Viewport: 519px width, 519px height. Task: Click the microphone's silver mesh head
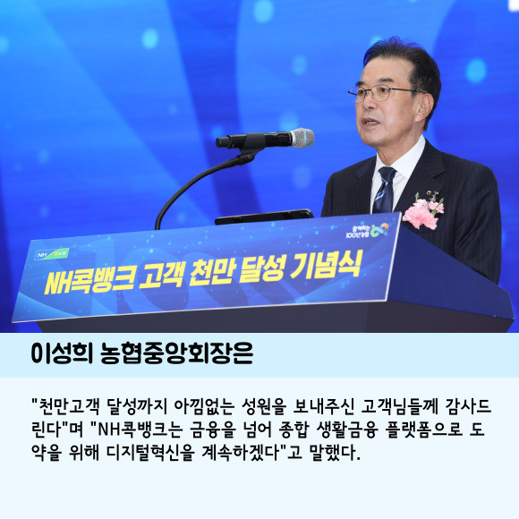click(x=302, y=138)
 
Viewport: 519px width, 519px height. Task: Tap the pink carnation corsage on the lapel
click(x=422, y=211)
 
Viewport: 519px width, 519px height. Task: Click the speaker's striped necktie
click(x=384, y=190)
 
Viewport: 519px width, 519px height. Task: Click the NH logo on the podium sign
click(x=52, y=254)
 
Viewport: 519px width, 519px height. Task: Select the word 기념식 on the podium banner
click(x=325, y=266)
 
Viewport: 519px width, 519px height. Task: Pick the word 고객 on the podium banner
click(x=161, y=276)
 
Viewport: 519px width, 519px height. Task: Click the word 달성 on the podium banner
click(x=262, y=269)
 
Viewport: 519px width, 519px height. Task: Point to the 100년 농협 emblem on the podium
click(x=367, y=230)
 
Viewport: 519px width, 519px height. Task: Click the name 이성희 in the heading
click(x=62, y=353)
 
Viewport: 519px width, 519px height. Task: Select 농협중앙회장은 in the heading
click(x=177, y=353)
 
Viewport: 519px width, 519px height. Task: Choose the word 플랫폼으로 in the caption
click(x=423, y=430)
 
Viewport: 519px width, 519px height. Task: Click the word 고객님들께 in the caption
click(x=399, y=407)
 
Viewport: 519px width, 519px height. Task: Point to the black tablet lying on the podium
click(x=264, y=217)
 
